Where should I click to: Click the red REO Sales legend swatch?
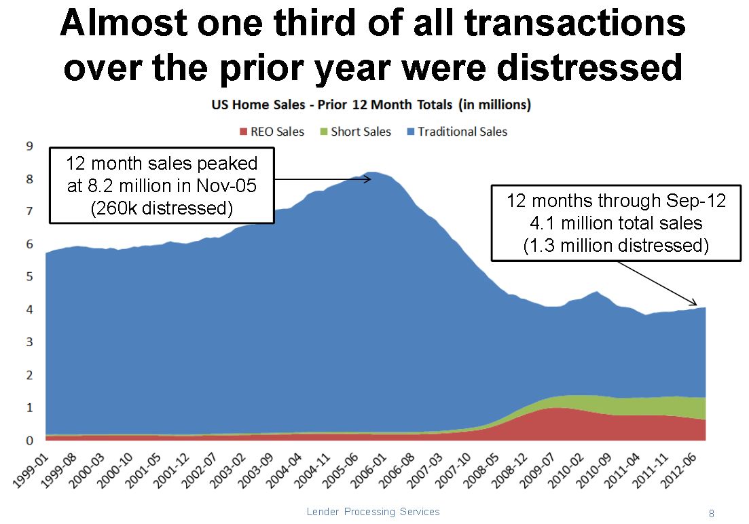click(244, 132)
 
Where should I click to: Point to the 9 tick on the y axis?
click(29, 146)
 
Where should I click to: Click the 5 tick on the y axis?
click(29, 277)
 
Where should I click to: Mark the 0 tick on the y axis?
click(29, 441)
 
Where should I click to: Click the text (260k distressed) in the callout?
click(162, 208)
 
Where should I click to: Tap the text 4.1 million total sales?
click(616, 223)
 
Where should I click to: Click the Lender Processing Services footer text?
click(373, 512)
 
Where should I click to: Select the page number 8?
click(711, 514)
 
